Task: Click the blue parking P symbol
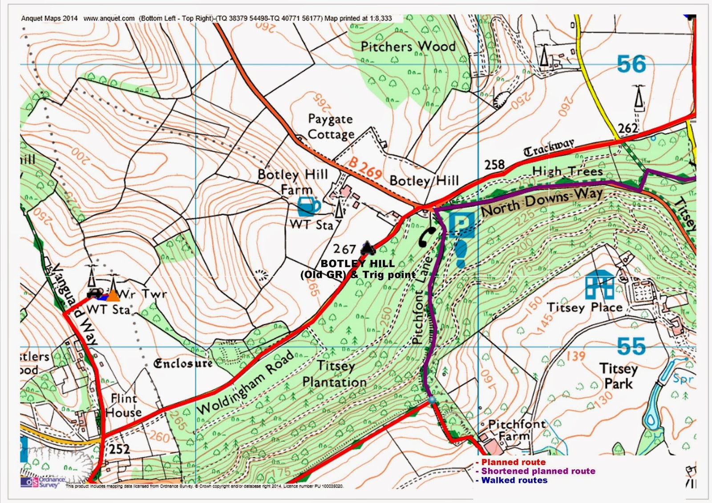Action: (461, 225)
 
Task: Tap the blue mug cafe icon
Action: (308, 207)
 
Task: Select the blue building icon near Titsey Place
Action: (599, 285)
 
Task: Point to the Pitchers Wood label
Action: (408, 46)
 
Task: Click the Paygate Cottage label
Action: (331, 127)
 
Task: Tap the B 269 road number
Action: (364, 168)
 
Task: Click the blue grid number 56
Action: (631, 64)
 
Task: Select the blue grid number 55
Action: (631, 346)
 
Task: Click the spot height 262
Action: (627, 129)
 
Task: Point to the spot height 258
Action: (494, 165)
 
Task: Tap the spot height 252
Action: (119, 449)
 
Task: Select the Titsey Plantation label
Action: (335, 374)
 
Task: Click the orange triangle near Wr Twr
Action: (113, 295)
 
